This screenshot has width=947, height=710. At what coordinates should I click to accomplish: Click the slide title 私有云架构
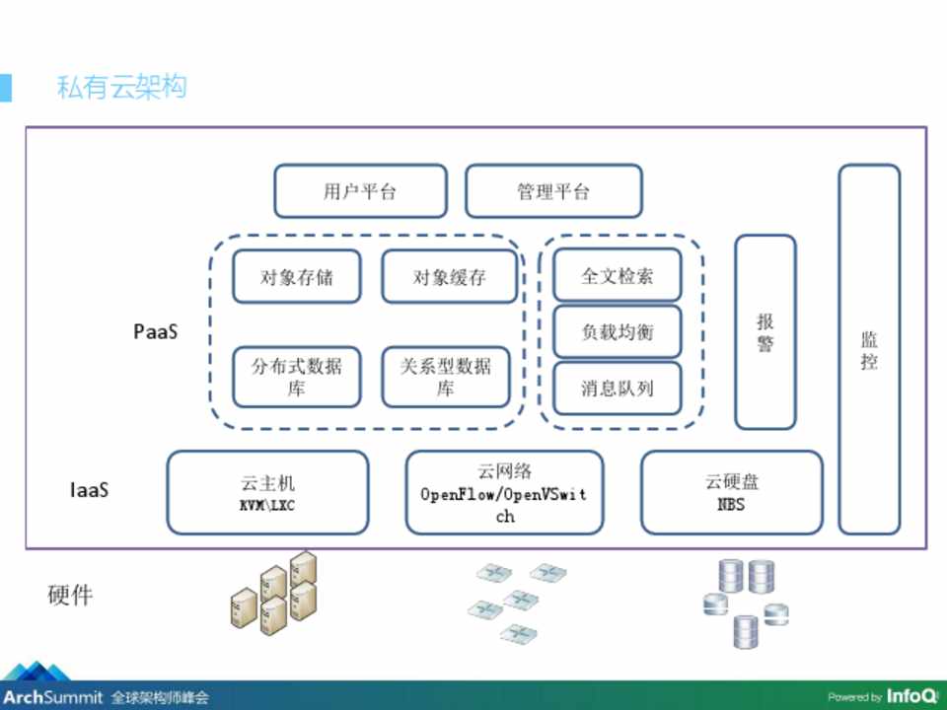(122, 87)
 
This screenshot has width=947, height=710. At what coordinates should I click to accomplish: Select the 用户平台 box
(360, 191)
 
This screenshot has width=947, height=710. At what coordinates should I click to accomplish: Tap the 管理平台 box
(553, 191)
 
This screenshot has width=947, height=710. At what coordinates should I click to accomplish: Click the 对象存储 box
(297, 276)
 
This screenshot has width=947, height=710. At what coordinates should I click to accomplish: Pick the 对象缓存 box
(449, 276)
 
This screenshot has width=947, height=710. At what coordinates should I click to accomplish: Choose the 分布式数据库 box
(297, 377)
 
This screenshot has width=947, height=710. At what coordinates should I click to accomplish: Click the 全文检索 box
(618, 275)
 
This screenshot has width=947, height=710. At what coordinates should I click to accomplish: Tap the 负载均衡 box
(618, 332)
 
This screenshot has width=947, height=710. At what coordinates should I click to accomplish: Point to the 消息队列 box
(618, 389)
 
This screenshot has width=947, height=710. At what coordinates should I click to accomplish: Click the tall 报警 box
(765, 331)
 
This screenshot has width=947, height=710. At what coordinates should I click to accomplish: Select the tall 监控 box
(869, 349)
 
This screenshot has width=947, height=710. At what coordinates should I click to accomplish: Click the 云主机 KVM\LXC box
(267, 492)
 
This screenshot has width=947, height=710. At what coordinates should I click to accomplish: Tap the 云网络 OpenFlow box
(504, 492)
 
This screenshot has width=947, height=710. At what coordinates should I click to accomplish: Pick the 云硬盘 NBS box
(731, 492)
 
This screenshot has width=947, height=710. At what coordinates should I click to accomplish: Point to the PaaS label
(156, 331)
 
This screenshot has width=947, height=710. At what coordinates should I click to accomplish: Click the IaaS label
(89, 489)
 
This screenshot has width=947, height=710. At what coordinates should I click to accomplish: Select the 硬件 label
(70, 596)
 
